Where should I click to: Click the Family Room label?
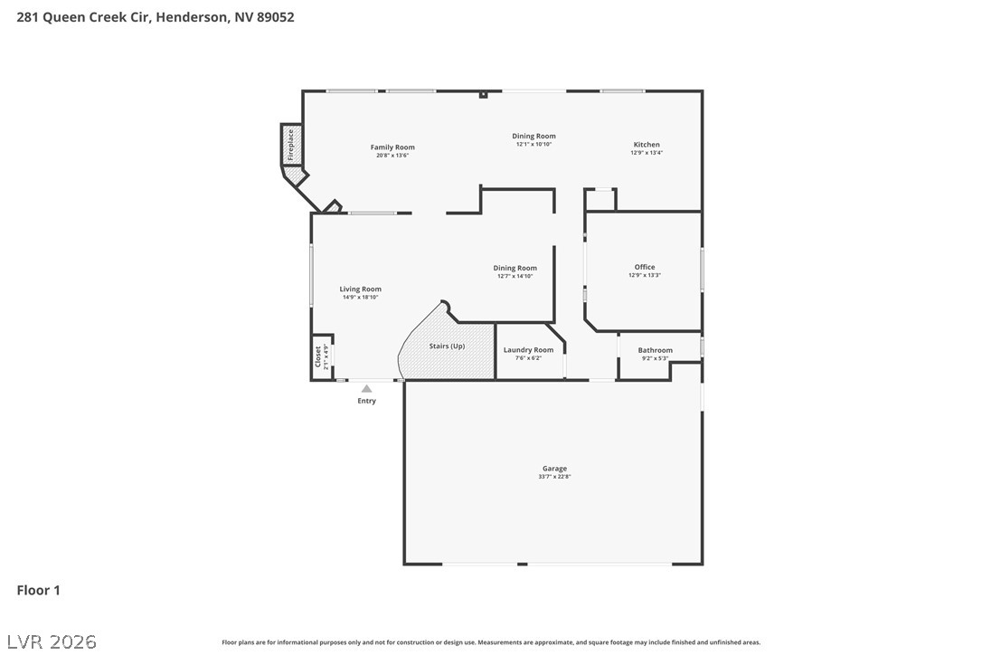pyautogui.click(x=392, y=147)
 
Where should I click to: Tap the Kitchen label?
pyautogui.click(x=647, y=144)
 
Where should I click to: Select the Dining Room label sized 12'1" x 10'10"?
pyautogui.click(x=533, y=136)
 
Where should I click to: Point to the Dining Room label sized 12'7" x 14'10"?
pyautogui.click(x=515, y=269)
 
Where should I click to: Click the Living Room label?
pyautogui.click(x=360, y=290)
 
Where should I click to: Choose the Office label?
pyautogui.click(x=645, y=267)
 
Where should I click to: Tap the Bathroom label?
pyautogui.click(x=655, y=350)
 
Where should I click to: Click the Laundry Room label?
pyautogui.click(x=529, y=350)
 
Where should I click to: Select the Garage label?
pyautogui.click(x=555, y=469)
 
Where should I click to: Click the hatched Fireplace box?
pyautogui.click(x=290, y=145)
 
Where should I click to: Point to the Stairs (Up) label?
pyautogui.click(x=448, y=346)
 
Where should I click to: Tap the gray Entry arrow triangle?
pyautogui.click(x=366, y=389)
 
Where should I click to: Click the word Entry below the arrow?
pyautogui.click(x=367, y=401)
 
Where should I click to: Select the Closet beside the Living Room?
pyautogui.click(x=322, y=356)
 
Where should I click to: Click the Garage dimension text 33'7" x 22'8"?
pyautogui.click(x=555, y=477)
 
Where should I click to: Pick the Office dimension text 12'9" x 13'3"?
pyautogui.click(x=645, y=275)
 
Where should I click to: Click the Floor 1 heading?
pyautogui.click(x=38, y=590)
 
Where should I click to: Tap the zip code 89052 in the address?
pyautogui.click(x=276, y=17)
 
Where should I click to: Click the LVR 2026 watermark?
pyautogui.click(x=52, y=641)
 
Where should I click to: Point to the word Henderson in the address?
pyautogui.click(x=192, y=17)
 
